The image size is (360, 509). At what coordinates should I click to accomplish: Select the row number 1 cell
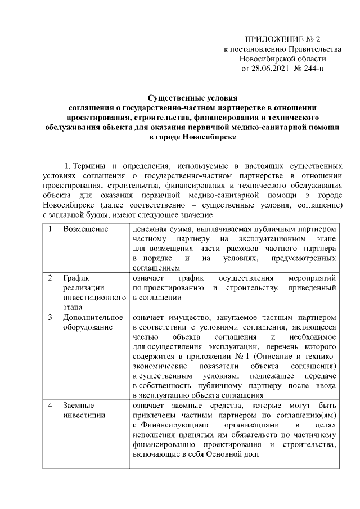(51, 229)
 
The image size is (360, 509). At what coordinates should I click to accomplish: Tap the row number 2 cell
(51, 278)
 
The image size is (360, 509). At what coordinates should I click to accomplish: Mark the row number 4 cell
(51, 405)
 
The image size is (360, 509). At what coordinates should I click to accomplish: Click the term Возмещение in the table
(85, 229)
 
